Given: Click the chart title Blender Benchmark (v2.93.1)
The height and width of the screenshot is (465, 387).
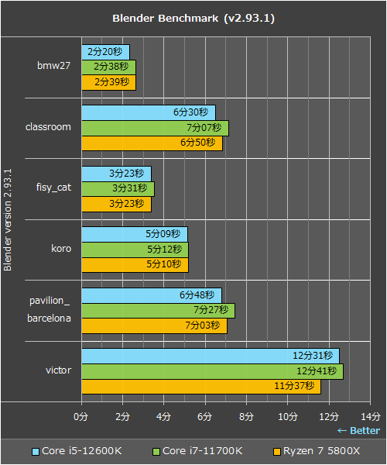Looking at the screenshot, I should point(193,18).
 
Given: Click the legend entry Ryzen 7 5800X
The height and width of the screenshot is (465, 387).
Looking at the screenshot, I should point(318,451).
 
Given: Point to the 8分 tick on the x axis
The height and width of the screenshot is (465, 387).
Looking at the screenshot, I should point(246,416).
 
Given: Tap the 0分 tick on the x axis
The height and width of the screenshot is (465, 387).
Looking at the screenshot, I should point(80,416).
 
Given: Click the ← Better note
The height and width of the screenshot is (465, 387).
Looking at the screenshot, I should point(358,431).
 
